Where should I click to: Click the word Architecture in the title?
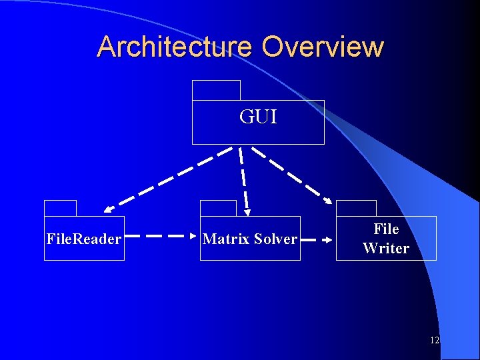click(175, 47)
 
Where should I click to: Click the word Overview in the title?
click(323, 47)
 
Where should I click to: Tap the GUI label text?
click(258, 117)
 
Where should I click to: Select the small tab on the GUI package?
click(216, 90)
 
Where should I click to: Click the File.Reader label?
click(84, 239)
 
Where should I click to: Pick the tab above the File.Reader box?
click(60, 208)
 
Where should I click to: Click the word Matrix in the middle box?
click(225, 239)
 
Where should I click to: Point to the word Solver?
click(274, 239)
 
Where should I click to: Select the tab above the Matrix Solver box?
click(218, 208)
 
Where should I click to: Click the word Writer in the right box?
click(386, 249)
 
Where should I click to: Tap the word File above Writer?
click(386, 229)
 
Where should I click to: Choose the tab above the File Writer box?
click(356, 208)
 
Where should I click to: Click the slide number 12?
click(435, 341)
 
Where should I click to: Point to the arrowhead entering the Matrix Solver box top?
click(247, 213)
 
